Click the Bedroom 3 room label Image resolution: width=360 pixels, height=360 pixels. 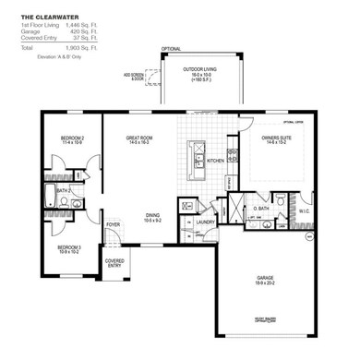click(x=69, y=248)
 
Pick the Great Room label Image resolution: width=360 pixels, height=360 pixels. click(x=138, y=139)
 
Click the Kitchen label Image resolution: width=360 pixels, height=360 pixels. click(x=216, y=160)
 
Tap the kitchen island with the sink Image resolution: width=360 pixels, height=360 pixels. click(x=197, y=159)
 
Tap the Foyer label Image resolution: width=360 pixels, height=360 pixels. click(x=114, y=224)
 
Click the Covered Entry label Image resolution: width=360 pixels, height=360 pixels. click(x=114, y=263)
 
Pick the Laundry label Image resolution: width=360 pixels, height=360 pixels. click(x=205, y=222)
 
